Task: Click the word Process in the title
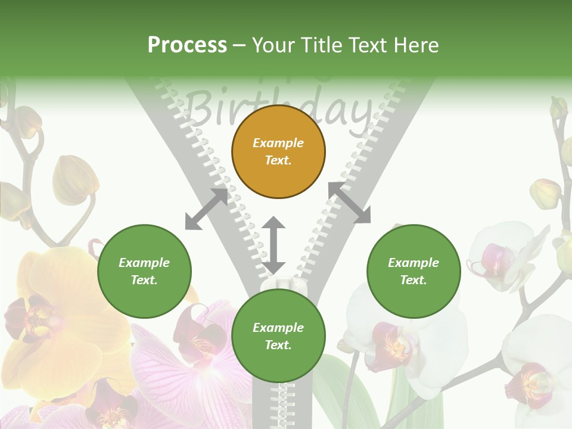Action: [187, 45]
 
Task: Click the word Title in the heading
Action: [322, 45]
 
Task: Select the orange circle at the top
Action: [278, 151]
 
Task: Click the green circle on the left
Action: [144, 271]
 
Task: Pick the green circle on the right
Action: [414, 271]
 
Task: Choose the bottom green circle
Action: [278, 336]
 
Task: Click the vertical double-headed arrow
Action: [273, 244]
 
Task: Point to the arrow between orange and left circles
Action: [206, 209]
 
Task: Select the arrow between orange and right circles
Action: [349, 203]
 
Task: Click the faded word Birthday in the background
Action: [280, 110]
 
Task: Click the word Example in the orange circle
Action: [278, 143]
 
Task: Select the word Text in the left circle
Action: [144, 280]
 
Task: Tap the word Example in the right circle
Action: [414, 263]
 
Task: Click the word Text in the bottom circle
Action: [278, 345]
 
